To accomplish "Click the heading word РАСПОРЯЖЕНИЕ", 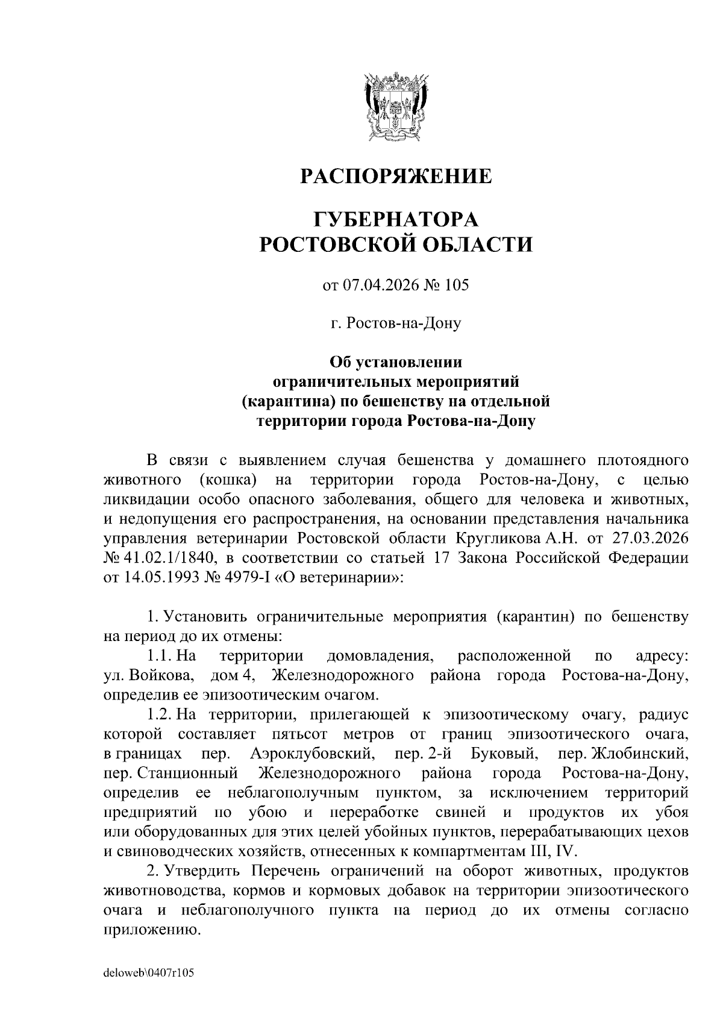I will point(396,177).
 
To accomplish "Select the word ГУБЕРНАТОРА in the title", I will point(396,218).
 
